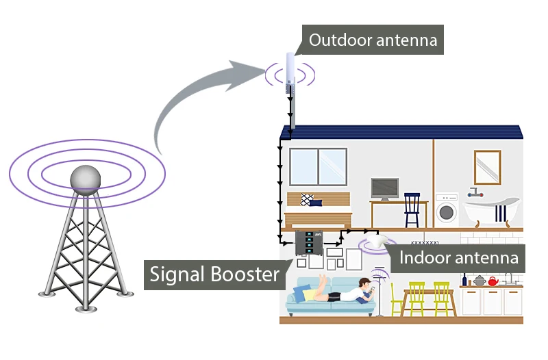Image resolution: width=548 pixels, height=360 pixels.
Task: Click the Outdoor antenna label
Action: (x=373, y=40)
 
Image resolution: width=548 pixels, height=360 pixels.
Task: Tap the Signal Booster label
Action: (x=214, y=274)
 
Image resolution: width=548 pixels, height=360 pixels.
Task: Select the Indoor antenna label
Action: (x=458, y=258)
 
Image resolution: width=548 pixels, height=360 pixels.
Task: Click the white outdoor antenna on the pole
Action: (x=290, y=68)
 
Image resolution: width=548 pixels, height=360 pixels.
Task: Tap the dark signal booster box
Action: (x=309, y=243)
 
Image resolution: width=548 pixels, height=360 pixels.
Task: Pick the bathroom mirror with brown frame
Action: (x=488, y=167)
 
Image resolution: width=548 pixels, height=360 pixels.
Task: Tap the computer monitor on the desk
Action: (x=385, y=189)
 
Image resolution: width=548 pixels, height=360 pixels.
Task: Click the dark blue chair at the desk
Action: (x=412, y=210)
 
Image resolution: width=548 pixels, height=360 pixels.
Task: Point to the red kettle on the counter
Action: (x=493, y=281)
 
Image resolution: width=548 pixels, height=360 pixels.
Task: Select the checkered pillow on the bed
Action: (x=307, y=200)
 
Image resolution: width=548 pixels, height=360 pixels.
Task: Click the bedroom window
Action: (x=318, y=167)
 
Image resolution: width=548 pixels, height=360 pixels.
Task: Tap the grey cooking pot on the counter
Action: (x=479, y=281)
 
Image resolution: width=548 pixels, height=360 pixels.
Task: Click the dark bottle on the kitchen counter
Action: (x=464, y=279)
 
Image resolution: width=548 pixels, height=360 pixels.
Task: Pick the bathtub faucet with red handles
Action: (x=475, y=192)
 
